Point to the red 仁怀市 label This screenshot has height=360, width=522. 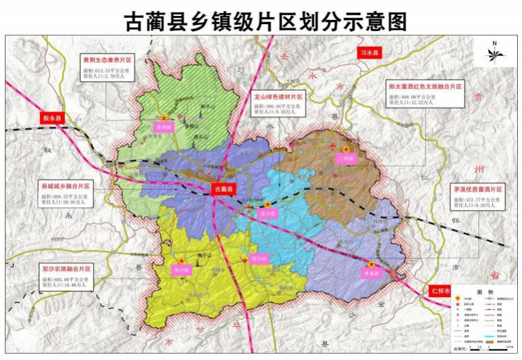pyautogui.click(x=439, y=290)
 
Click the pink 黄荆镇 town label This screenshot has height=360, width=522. pyautogui.click(x=164, y=127)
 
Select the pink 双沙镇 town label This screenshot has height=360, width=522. pyautogui.click(x=180, y=269)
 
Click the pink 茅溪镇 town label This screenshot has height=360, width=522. pyautogui.click(x=371, y=273)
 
